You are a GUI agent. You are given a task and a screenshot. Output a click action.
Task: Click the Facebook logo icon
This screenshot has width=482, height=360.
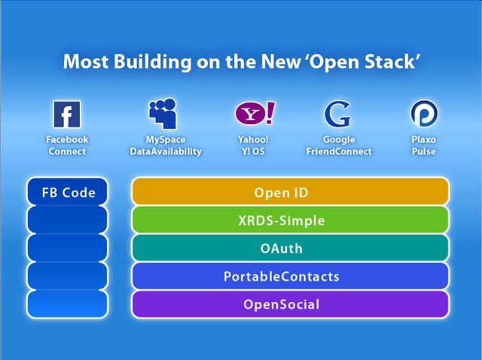67,114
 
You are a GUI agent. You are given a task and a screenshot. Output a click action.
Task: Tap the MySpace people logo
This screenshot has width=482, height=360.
163,113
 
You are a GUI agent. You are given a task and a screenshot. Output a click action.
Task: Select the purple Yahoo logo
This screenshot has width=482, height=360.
255,113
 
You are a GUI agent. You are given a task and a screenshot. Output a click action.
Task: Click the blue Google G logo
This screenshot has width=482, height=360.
337,114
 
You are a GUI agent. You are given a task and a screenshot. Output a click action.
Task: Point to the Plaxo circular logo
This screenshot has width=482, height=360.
424,114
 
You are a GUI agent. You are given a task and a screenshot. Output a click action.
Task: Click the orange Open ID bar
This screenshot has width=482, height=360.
290,191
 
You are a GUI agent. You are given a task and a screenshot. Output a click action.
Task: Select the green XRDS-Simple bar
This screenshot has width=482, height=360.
290,219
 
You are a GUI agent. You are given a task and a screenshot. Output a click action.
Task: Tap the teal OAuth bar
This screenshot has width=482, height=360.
290,248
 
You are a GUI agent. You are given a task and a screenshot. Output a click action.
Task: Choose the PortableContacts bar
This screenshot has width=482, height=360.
290,276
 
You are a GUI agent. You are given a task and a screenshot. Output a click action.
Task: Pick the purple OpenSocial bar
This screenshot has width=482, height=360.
290,304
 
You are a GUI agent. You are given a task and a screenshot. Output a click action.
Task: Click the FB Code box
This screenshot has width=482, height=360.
67,191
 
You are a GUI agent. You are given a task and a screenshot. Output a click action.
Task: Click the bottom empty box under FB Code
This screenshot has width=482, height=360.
67,304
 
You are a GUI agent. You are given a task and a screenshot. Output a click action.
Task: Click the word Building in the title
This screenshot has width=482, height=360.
152,62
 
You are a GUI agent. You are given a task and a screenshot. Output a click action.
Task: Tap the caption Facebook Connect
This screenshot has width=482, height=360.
67,145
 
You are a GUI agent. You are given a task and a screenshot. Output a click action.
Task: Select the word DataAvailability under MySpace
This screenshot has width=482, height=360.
166,151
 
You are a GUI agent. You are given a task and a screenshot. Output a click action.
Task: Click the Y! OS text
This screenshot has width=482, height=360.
253,151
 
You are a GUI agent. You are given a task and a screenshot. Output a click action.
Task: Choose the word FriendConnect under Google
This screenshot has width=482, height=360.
339,151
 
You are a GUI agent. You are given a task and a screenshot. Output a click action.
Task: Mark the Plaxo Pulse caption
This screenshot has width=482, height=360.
423,145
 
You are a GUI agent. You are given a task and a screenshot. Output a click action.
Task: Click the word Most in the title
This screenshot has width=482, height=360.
86,62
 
